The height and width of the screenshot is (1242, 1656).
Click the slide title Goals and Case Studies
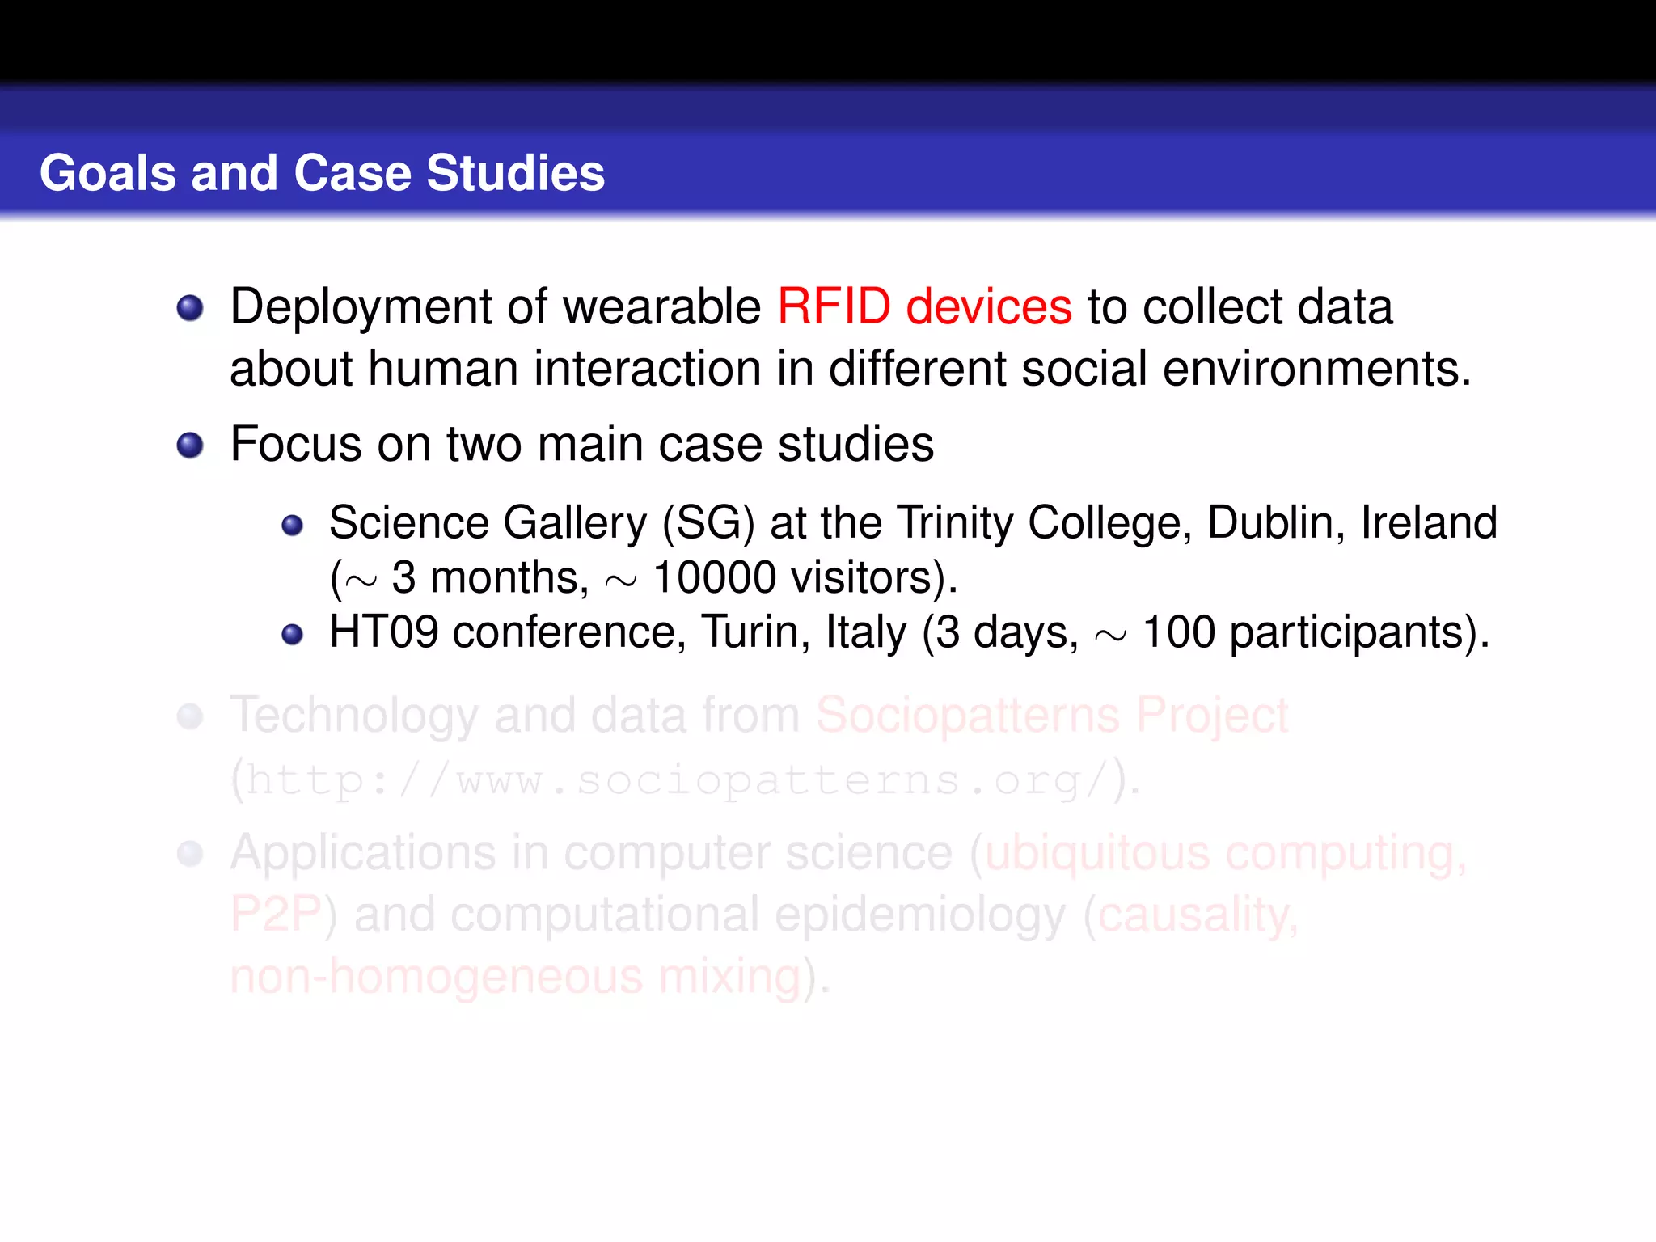click(x=322, y=173)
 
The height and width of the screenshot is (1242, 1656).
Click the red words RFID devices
click(x=923, y=307)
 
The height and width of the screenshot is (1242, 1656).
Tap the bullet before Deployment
click(x=190, y=308)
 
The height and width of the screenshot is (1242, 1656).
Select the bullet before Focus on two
click(x=190, y=445)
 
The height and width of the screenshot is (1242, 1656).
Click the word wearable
click(x=661, y=307)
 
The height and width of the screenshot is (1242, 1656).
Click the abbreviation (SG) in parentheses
click(x=708, y=523)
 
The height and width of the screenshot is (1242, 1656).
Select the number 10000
click(x=714, y=578)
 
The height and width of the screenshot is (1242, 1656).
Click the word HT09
click(x=383, y=632)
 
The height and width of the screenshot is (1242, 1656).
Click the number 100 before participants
click(x=1178, y=632)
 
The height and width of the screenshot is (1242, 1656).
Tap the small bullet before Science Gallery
click(x=292, y=526)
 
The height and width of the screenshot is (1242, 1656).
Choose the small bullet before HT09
click(x=292, y=635)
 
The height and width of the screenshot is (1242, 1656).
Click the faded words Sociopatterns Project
click(x=1051, y=716)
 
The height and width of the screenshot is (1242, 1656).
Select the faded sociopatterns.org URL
click(x=675, y=781)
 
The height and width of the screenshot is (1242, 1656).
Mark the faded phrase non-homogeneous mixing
click(x=515, y=977)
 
